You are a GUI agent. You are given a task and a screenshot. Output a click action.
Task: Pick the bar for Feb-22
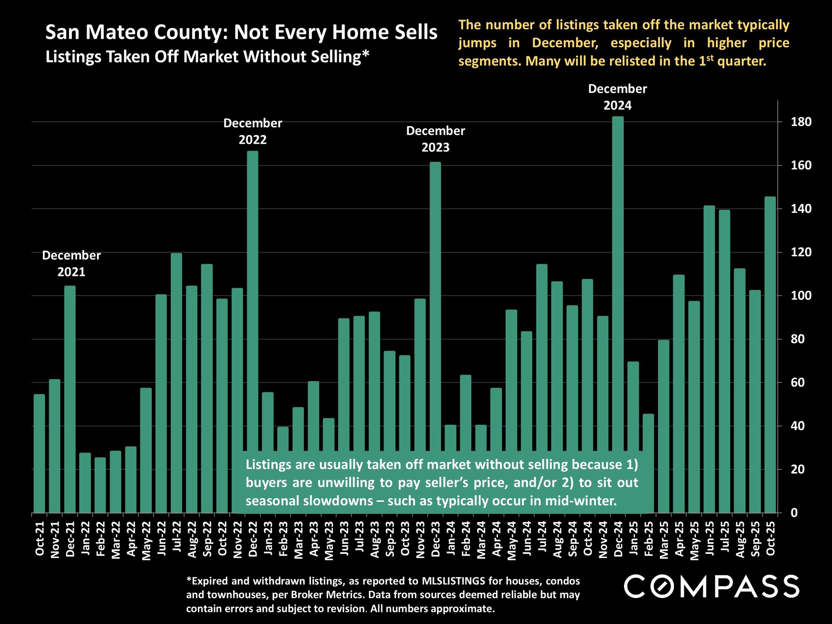pyautogui.click(x=101, y=485)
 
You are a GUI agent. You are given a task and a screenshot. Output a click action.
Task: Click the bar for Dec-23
pyautogui.click(x=435, y=303)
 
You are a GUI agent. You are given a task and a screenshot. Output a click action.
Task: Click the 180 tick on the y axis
pyautogui.click(x=801, y=122)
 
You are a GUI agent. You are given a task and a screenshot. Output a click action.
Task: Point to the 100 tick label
pyautogui.click(x=801, y=296)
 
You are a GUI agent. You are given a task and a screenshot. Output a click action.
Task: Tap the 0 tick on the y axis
pyautogui.click(x=794, y=513)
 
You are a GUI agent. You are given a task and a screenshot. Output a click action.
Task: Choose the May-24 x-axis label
pyautogui.click(x=512, y=540)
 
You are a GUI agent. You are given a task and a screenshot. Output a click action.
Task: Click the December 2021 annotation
pyautogui.click(x=71, y=263)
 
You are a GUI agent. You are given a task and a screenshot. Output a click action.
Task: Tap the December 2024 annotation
pyautogui.click(x=617, y=97)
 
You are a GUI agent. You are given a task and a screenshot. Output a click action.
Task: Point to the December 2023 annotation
pyautogui.click(x=435, y=139)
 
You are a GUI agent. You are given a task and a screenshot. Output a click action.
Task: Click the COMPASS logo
pyautogui.click(x=712, y=587)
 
